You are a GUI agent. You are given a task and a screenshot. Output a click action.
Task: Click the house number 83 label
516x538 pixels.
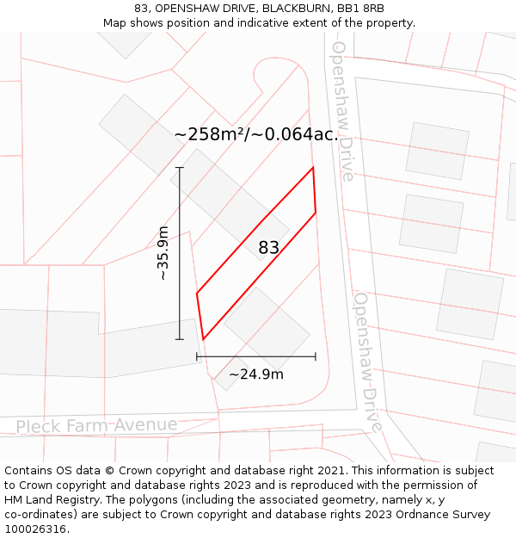[x=269, y=248]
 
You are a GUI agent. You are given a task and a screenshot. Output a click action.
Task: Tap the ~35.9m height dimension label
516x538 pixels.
[x=163, y=253]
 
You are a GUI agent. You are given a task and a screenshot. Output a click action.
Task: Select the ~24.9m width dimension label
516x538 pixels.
[x=255, y=374]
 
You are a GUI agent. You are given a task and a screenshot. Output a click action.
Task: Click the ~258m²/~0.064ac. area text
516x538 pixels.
[x=255, y=135]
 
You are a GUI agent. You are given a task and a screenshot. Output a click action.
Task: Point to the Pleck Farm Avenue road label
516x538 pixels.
[x=96, y=425]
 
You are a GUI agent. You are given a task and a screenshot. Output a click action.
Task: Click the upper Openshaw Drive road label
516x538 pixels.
[x=342, y=110]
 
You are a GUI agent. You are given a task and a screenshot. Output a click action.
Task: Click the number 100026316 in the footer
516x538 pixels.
[x=37, y=529]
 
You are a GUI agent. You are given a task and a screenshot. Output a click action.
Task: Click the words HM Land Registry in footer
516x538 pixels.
[x=46, y=500]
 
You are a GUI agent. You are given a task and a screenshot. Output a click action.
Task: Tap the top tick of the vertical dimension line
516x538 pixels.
[x=180, y=168]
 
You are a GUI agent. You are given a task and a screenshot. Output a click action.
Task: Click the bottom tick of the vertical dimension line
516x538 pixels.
[x=180, y=339]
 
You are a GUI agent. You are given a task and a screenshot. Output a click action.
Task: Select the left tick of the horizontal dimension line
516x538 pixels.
[x=197, y=356]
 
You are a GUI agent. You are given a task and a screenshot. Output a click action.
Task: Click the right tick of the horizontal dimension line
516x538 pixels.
[x=316, y=356]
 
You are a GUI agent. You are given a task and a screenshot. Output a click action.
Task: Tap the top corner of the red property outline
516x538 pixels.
[x=313, y=167]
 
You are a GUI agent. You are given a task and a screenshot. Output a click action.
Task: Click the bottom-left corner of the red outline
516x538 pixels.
[x=203, y=339]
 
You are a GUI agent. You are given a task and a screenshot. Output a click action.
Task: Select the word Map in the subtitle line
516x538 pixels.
[x=116, y=23]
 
